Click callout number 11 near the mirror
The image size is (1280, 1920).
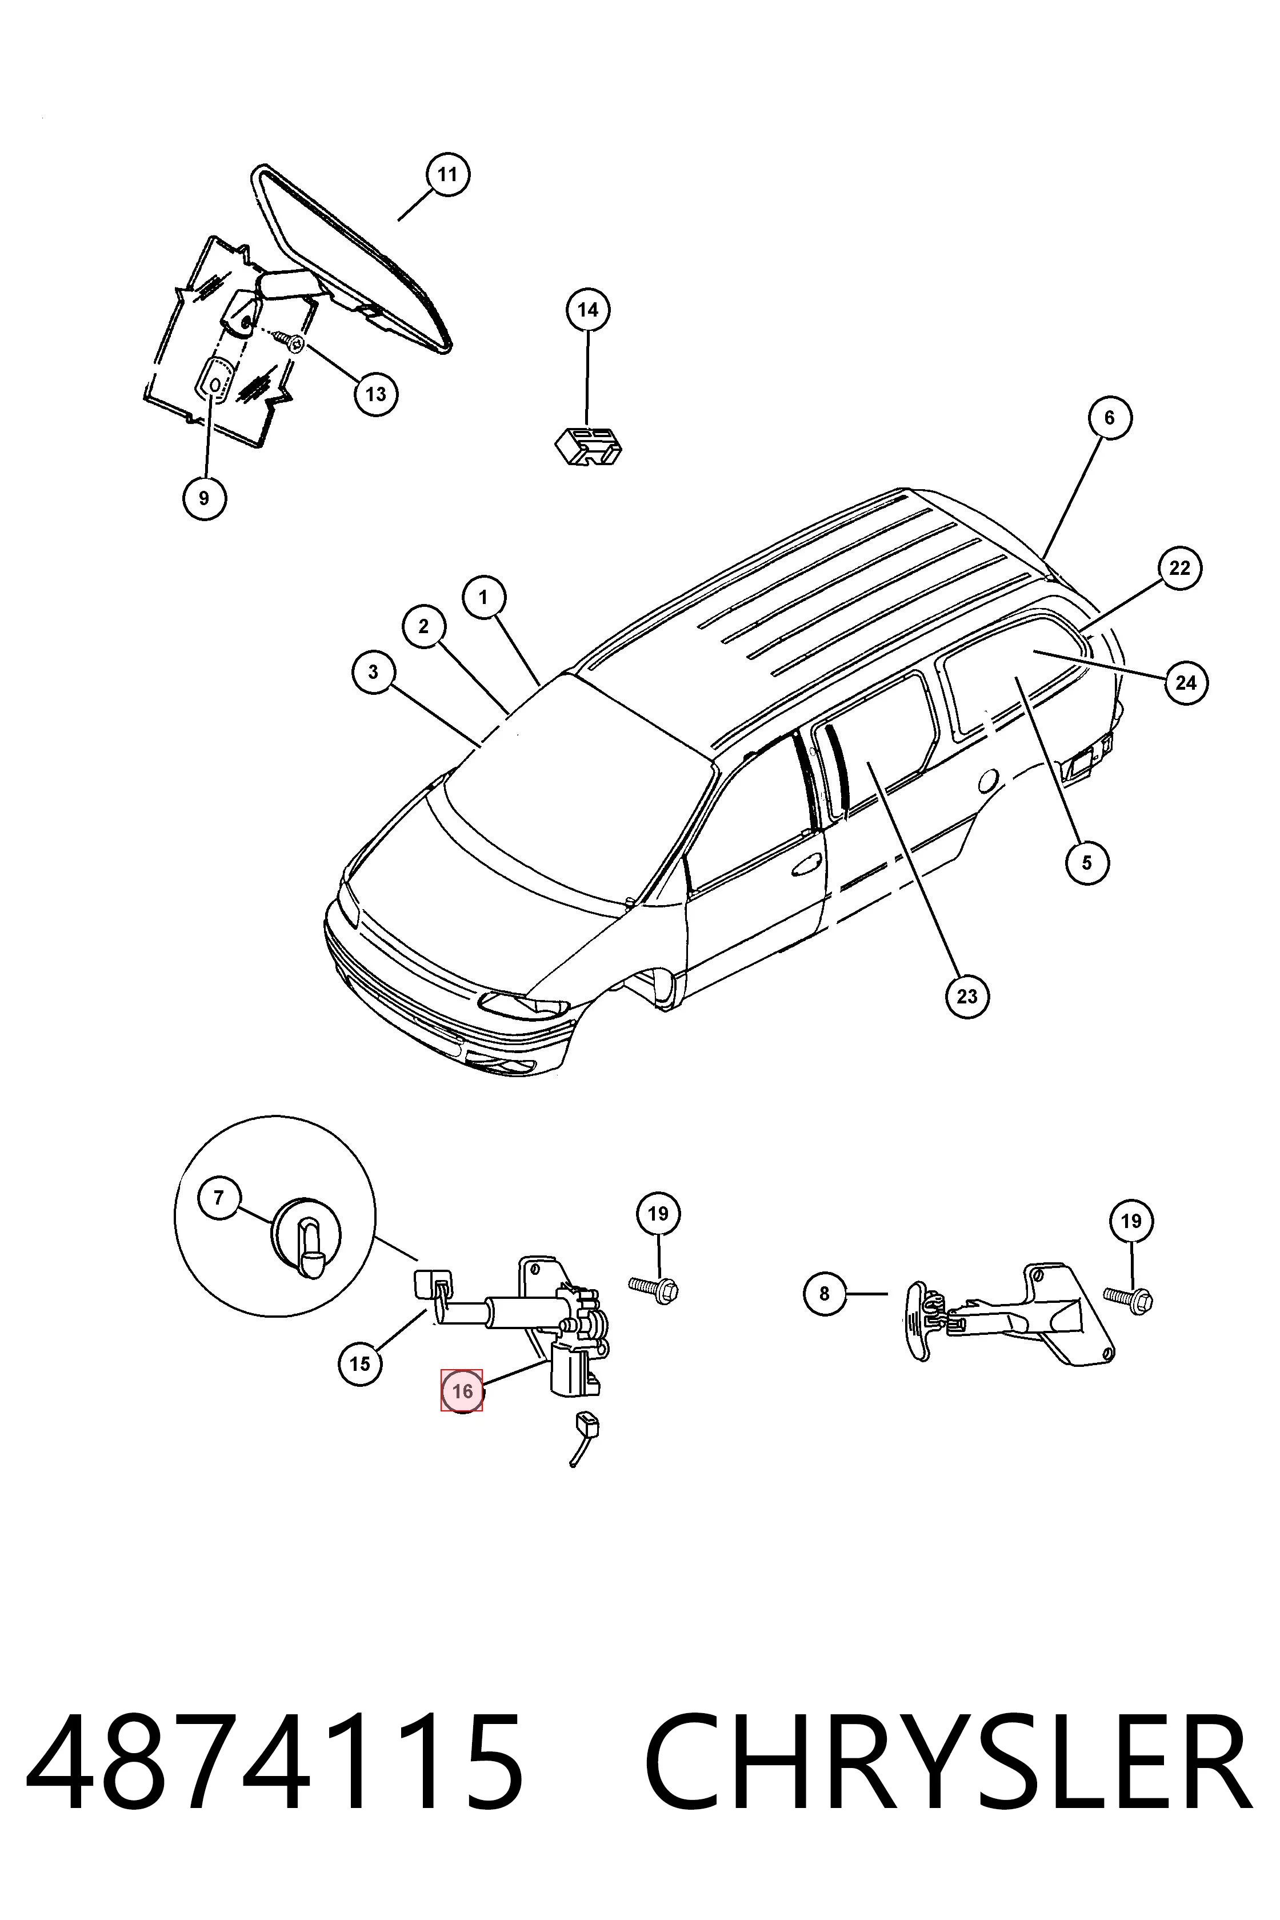(447, 175)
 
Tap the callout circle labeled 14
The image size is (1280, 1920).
(588, 310)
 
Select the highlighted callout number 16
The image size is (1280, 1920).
(462, 1390)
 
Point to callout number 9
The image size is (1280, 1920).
(204, 498)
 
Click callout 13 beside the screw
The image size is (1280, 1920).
(375, 394)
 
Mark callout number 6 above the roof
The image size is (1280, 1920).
(1109, 418)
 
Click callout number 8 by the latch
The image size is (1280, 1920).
(825, 1293)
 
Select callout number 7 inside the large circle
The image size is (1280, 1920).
(219, 1198)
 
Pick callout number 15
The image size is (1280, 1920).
(360, 1363)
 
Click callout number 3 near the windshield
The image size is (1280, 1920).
(374, 672)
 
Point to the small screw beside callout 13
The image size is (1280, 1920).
(290, 338)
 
